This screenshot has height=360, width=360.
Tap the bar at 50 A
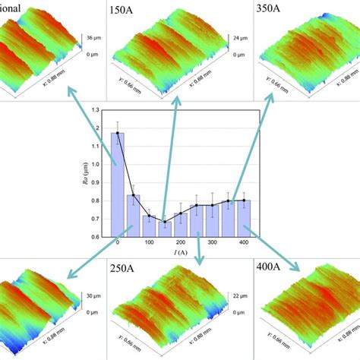[x=133, y=216]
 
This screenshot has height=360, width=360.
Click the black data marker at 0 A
[x=118, y=133]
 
